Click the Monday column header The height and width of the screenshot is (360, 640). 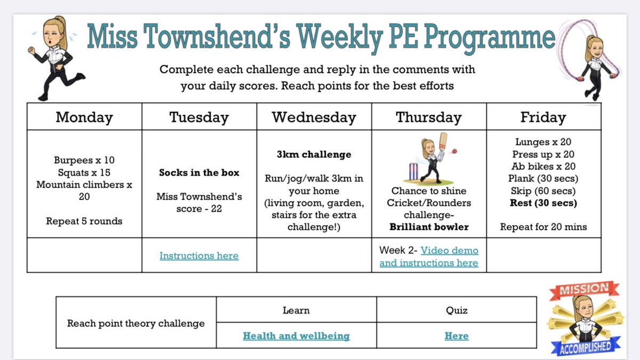click(x=84, y=117)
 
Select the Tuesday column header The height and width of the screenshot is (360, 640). click(x=199, y=117)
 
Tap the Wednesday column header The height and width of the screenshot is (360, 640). click(x=314, y=117)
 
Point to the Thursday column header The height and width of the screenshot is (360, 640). click(x=429, y=117)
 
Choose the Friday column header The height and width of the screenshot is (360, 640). click(x=543, y=117)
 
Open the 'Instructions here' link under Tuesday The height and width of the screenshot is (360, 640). click(x=199, y=256)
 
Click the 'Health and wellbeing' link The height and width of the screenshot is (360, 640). click(x=296, y=336)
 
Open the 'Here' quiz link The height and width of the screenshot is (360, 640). click(x=456, y=336)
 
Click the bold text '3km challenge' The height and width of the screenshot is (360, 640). click(x=314, y=155)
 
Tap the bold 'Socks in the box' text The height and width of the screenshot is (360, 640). click(x=199, y=173)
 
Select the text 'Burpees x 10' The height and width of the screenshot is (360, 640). click(x=84, y=160)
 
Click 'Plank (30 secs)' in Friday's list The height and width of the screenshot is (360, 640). click(x=543, y=178)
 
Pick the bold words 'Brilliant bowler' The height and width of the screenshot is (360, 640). click(x=429, y=227)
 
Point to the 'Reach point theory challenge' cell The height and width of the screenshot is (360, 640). click(x=135, y=323)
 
